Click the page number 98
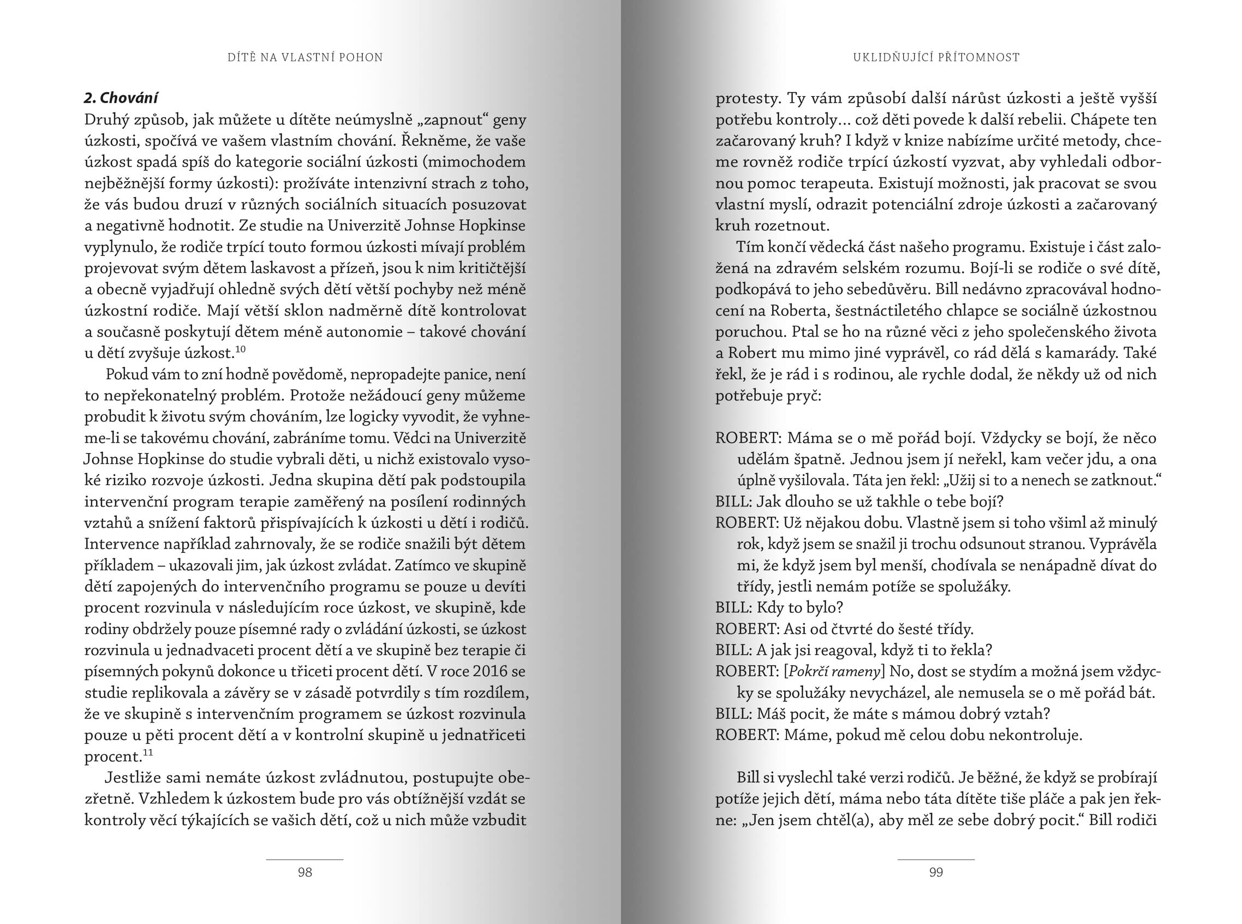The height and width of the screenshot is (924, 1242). click(x=304, y=872)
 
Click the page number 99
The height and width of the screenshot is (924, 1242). click(x=935, y=872)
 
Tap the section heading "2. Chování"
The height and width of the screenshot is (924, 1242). click(x=121, y=98)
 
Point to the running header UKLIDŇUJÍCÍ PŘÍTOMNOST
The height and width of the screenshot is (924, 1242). click(x=936, y=57)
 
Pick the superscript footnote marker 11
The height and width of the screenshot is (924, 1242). click(x=148, y=752)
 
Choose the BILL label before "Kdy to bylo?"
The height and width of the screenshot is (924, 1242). click(x=732, y=607)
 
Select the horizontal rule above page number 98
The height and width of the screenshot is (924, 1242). click(x=304, y=859)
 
